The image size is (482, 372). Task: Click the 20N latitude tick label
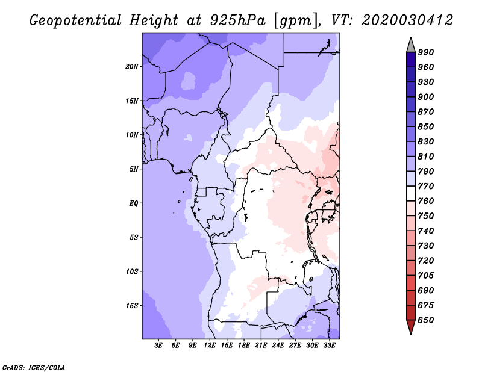[132, 67]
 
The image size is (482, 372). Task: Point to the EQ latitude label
[133, 203]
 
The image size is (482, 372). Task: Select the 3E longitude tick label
[158, 345]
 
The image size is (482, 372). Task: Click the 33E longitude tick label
[329, 345]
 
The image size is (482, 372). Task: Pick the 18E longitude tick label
[244, 345]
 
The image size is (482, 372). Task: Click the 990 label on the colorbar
[426, 52]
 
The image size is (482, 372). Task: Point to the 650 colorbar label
[426, 320]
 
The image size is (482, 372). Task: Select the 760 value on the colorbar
[426, 201]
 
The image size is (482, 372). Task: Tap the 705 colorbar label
[426, 276]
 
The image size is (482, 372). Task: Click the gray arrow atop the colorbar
[411, 45]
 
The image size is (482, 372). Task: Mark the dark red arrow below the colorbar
[411, 327]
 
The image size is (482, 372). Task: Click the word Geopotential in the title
[76, 20]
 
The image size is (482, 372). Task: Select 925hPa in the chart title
[237, 20]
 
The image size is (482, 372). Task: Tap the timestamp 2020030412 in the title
[407, 20]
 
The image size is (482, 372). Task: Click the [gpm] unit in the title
[296, 21]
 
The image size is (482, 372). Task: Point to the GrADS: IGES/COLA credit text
[34, 368]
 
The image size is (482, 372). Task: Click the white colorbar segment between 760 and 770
[411, 194]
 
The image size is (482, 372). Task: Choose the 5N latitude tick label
[134, 169]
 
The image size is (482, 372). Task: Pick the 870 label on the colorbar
[426, 112]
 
